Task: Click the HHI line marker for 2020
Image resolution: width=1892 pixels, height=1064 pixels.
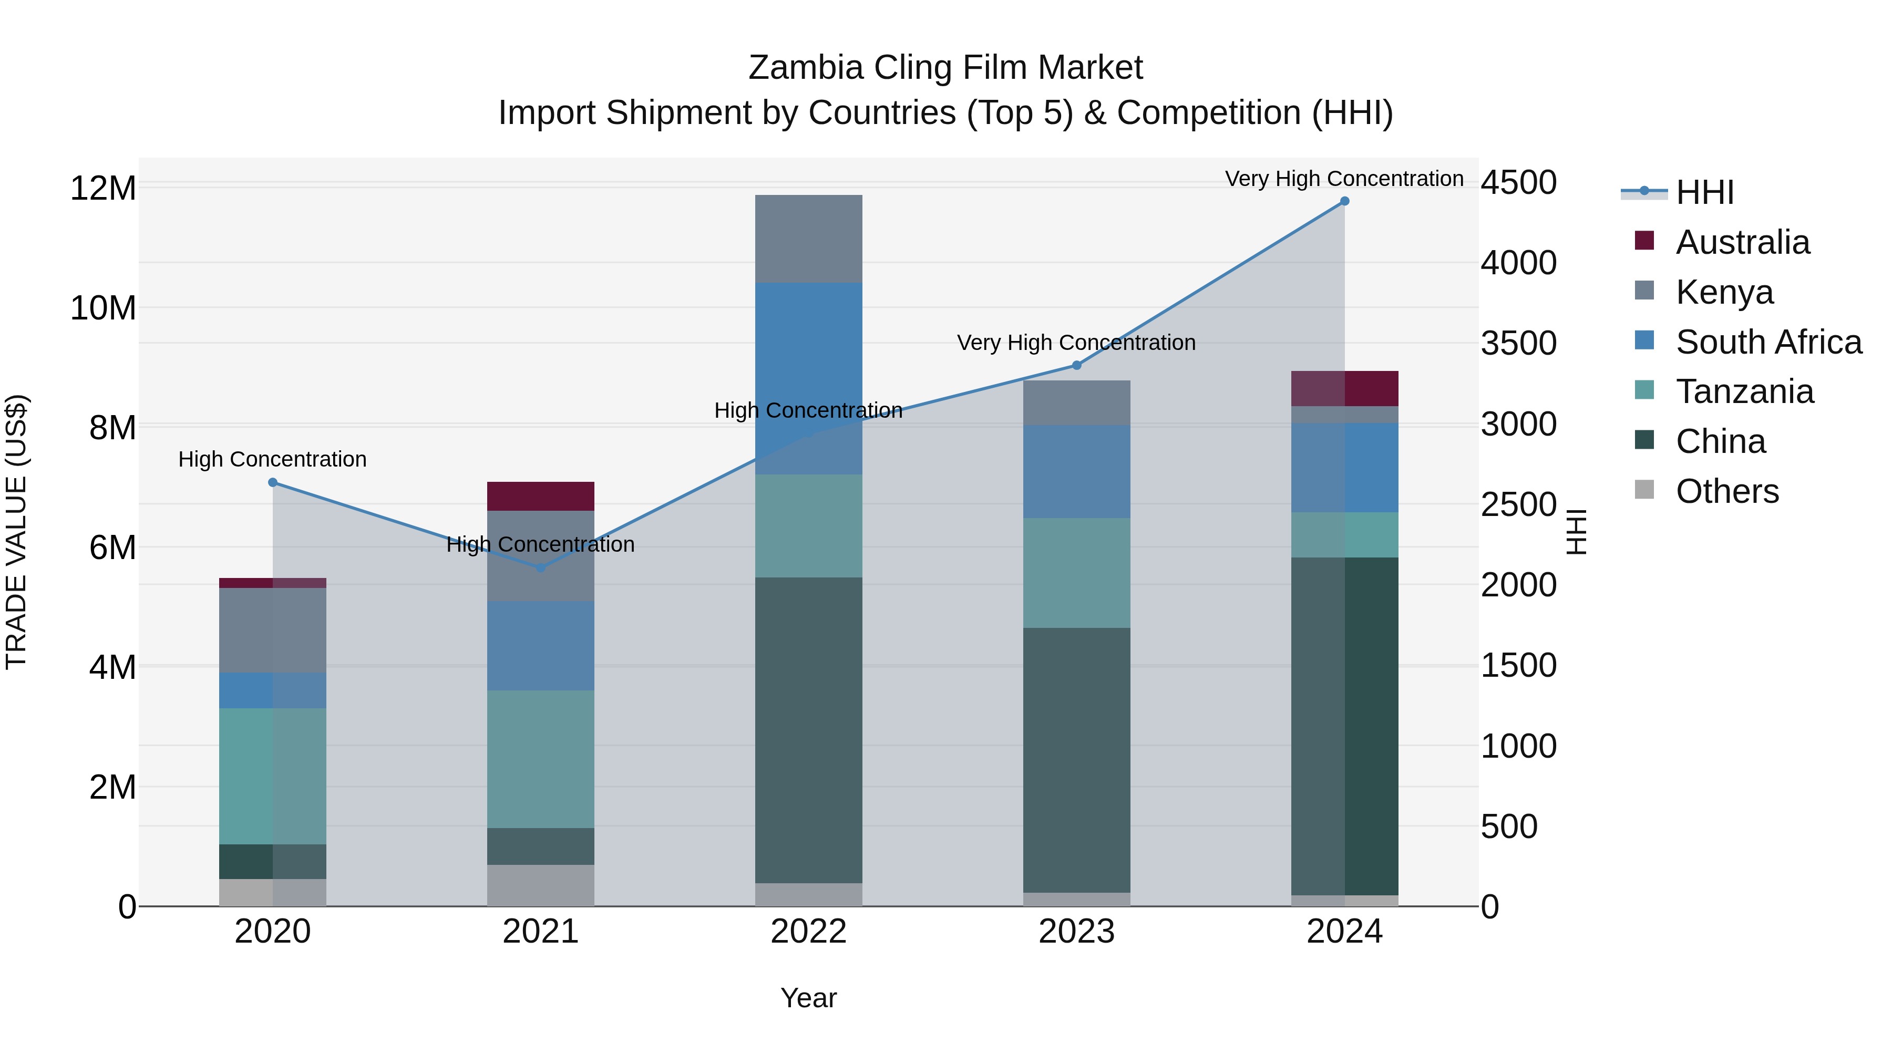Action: pos(272,482)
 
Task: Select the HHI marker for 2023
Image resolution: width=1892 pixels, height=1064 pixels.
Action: pos(1077,365)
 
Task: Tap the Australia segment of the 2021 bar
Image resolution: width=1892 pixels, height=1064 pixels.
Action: pos(541,497)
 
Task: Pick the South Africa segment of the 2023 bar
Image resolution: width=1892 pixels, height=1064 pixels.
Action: pos(1077,471)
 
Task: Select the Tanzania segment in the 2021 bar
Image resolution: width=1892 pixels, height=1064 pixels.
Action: pos(541,759)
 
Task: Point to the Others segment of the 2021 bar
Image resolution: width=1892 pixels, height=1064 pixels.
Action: pos(541,885)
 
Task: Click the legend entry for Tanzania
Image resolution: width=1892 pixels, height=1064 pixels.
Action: pos(1744,391)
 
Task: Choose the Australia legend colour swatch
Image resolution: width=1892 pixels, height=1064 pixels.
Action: pos(1644,241)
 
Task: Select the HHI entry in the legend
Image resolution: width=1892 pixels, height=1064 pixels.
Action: pos(1704,192)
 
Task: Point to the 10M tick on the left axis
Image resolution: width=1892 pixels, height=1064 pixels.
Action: pos(103,308)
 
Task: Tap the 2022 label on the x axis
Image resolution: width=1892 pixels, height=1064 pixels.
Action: pos(809,932)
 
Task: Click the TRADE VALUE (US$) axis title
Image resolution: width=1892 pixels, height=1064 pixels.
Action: pos(16,532)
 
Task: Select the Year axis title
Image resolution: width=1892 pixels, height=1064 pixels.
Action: pos(809,998)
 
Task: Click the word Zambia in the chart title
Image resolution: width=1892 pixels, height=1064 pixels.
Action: pos(806,68)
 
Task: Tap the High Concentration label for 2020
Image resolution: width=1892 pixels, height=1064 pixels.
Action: pos(272,460)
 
